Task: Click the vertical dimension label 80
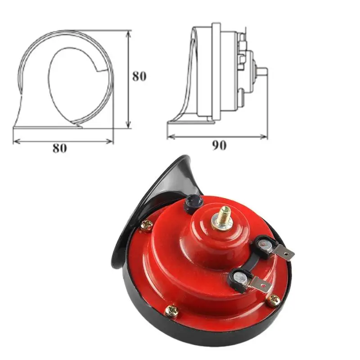click(x=139, y=76)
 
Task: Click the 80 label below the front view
click(x=60, y=148)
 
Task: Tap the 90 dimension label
click(x=219, y=145)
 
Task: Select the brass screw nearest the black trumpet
click(x=147, y=225)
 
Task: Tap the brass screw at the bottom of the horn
click(x=172, y=311)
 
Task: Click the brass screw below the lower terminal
click(x=273, y=300)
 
